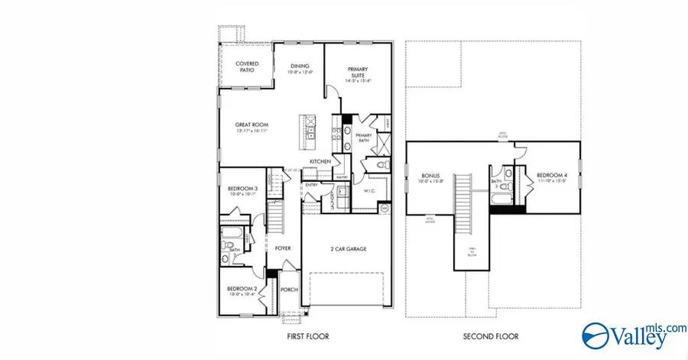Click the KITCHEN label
click(320, 161)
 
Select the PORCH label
click(289, 290)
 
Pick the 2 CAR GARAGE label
click(349, 248)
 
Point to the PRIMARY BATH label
click(363, 137)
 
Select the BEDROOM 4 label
click(550, 176)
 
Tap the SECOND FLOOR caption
click(490, 336)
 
